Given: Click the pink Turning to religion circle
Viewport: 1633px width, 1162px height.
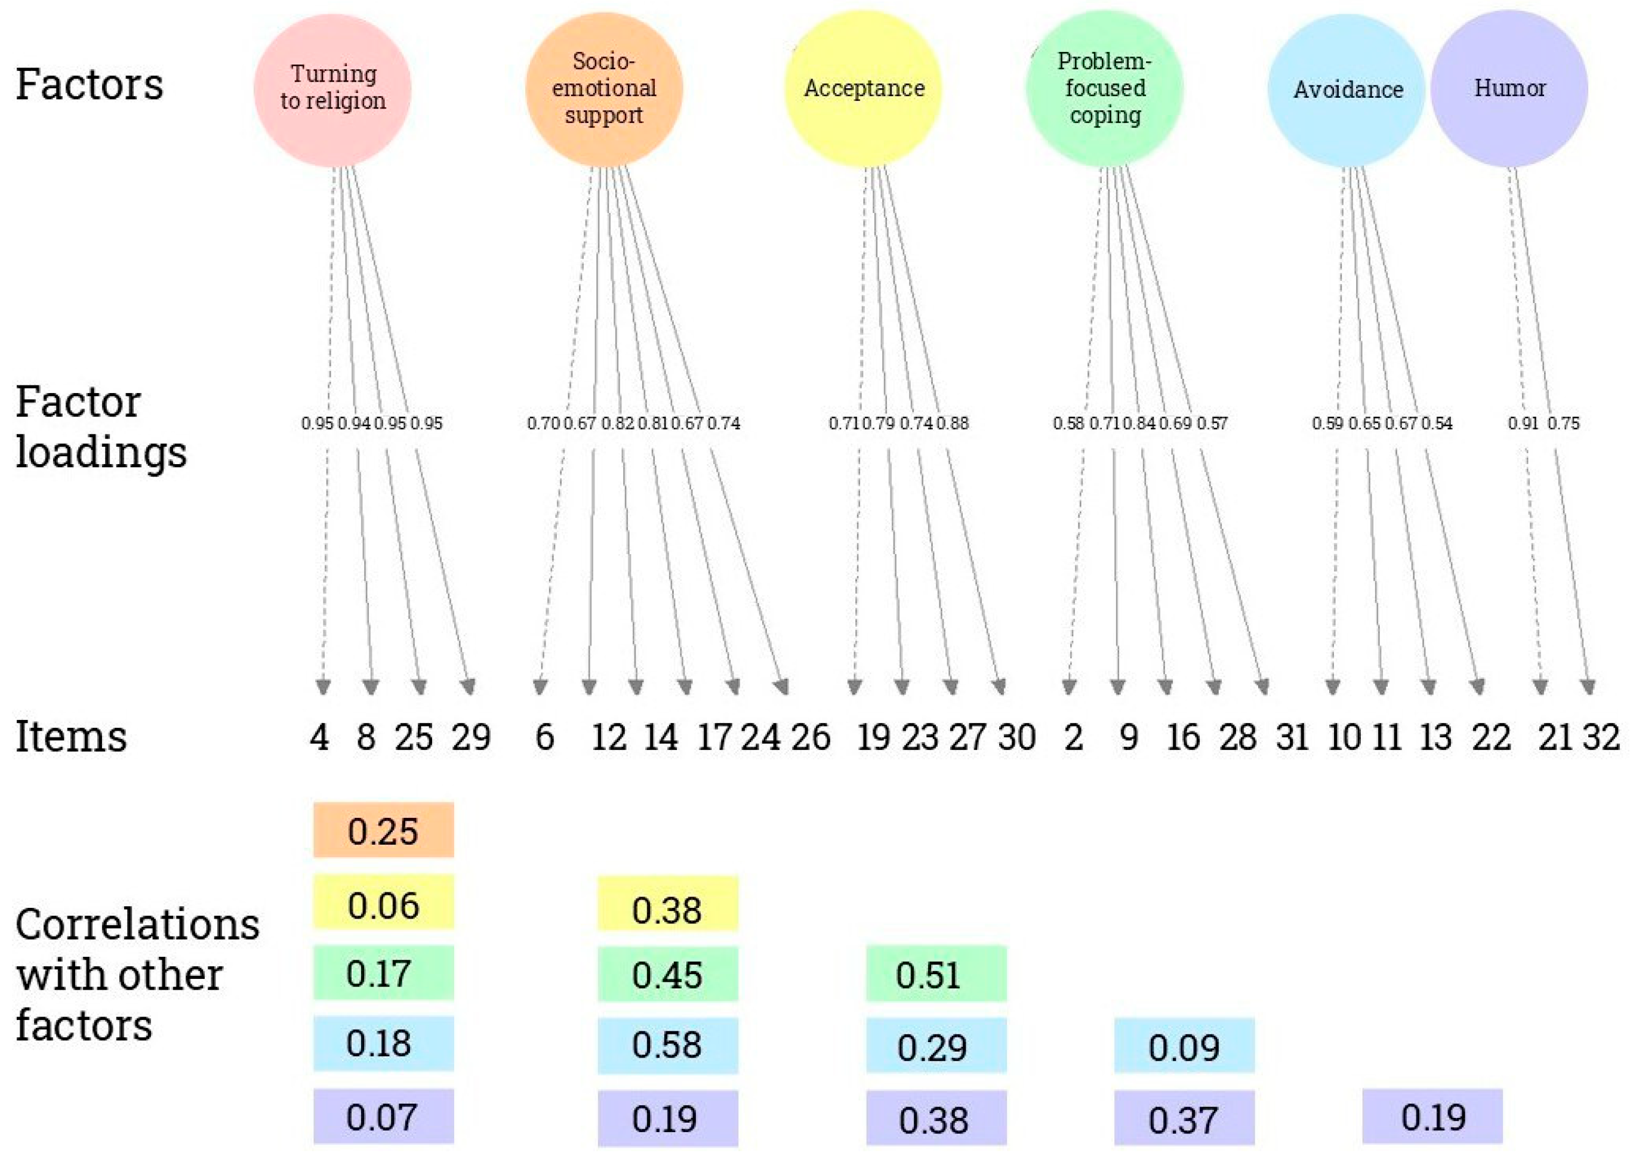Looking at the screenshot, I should pyautogui.click(x=332, y=89).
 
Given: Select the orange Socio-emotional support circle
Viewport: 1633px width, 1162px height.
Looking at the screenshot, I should pyautogui.click(x=603, y=89).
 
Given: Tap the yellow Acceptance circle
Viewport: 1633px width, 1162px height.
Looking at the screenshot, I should pyautogui.click(x=864, y=89).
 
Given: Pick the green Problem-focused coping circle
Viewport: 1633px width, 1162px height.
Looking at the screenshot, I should pyautogui.click(x=1104, y=89).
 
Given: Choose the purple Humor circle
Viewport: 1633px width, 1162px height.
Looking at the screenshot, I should pyautogui.click(x=1509, y=89).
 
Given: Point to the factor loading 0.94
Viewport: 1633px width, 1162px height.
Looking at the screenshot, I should pyautogui.click(x=354, y=424).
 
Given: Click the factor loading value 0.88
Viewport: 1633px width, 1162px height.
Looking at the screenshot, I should pyautogui.click(x=953, y=424).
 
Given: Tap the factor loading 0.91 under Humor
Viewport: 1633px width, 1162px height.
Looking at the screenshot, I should pyautogui.click(x=1523, y=424).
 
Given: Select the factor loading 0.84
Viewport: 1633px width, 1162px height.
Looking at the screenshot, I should pyautogui.click(x=1140, y=424).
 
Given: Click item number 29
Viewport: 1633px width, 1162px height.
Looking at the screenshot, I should pyautogui.click(x=470, y=737).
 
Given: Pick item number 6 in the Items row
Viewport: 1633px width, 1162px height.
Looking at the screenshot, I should pyautogui.click(x=544, y=737).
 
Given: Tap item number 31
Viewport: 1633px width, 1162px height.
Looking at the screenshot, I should pyautogui.click(x=1292, y=737).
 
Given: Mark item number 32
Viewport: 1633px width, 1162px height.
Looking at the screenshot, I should pyautogui.click(x=1601, y=737).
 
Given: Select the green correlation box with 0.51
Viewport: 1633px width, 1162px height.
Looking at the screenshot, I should pyautogui.click(x=936, y=974).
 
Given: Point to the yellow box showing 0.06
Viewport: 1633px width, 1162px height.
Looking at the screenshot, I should pyautogui.click(x=383, y=903).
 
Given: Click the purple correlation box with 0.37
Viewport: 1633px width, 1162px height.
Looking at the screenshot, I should pyautogui.click(x=1184, y=1118).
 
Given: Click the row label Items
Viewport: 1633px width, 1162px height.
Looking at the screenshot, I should pyautogui.click(x=72, y=737).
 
